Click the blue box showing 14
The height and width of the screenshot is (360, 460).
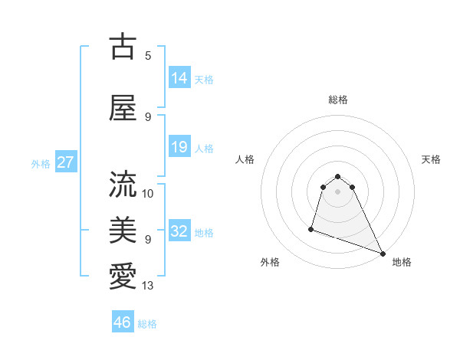(x=179, y=78)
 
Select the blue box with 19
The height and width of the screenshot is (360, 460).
(x=179, y=147)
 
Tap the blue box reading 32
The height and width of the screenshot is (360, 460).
(x=179, y=231)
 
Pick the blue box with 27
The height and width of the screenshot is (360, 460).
(x=65, y=162)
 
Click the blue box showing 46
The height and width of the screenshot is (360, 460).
(x=123, y=322)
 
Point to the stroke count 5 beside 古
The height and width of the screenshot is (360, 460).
(x=148, y=55)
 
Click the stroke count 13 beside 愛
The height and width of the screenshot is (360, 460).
(x=148, y=286)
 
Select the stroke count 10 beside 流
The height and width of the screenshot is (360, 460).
(x=148, y=193)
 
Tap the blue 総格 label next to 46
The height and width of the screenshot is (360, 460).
(x=147, y=324)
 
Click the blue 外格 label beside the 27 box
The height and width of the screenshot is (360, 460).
(x=41, y=164)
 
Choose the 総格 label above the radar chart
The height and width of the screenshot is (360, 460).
(x=337, y=100)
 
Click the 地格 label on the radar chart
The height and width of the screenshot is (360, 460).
(x=402, y=262)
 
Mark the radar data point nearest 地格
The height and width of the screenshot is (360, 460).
(x=383, y=254)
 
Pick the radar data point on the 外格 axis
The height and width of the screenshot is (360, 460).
(x=311, y=228)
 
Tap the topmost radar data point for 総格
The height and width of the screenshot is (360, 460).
(x=337, y=173)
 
